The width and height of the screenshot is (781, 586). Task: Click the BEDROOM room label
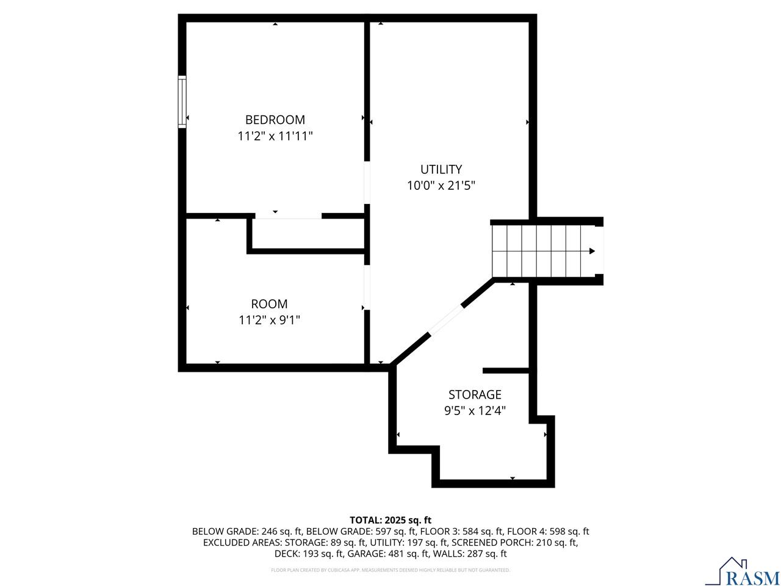[x=275, y=120]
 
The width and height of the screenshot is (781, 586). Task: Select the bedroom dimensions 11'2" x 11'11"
[x=275, y=136]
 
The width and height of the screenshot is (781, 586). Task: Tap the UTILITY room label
[x=441, y=169]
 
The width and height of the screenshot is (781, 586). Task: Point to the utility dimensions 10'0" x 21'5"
[x=441, y=186]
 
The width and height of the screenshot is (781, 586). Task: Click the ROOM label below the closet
[x=269, y=303]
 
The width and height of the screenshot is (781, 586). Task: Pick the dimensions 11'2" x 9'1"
[x=269, y=320]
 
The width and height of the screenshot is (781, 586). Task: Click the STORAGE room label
[x=475, y=394]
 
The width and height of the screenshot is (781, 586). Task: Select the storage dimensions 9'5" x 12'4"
[x=475, y=411]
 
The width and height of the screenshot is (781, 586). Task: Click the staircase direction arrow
[x=591, y=251]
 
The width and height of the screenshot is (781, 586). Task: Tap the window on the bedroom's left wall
[x=182, y=102]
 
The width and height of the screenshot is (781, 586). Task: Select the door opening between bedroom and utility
[x=367, y=182]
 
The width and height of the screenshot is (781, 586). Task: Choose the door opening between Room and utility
[x=367, y=288]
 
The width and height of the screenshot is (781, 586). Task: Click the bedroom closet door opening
[x=288, y=215]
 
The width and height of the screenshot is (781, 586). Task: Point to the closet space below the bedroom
[x=308, y=233]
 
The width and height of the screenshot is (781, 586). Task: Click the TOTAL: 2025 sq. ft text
[x=390, y=520]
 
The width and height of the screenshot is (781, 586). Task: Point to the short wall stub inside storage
[x=505, y=371]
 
